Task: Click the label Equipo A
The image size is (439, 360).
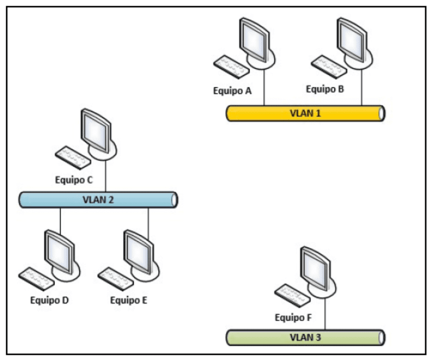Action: [232, 91]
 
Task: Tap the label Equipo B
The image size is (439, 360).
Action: [325, 89]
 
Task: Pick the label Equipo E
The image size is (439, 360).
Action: [129, 301]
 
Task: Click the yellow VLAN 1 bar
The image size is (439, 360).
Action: [305, 113]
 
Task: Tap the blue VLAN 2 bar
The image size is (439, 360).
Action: [98, 199]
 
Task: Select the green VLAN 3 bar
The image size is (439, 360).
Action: [305, 337]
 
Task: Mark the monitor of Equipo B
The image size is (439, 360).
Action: [352, 38]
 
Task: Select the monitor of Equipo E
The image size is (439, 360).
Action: [138, 251]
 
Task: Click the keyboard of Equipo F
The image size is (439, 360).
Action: [292, 295]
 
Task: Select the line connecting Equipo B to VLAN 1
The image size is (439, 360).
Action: [362, 86]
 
